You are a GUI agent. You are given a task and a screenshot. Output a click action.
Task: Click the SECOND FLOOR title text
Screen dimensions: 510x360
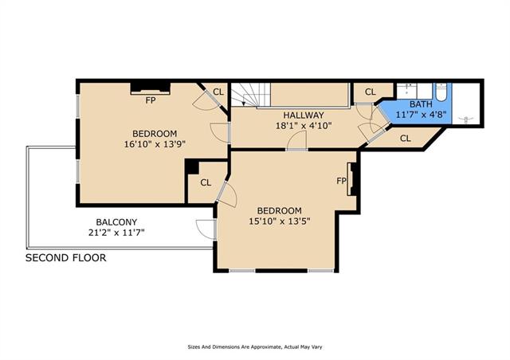click(x=65, y=258)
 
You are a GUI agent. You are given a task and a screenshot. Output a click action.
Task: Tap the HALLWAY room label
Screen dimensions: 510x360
click(x=304, y=115)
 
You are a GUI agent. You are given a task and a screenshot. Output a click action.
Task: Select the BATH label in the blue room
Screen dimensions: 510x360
click(x=421, y=104)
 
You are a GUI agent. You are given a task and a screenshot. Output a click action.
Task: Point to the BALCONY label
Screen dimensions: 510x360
click(x=116, y=222)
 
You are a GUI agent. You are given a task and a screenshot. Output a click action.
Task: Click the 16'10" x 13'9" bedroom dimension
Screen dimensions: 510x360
click(x=155, y=143)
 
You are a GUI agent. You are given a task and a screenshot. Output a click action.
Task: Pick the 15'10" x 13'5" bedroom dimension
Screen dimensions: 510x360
click(x=280, y=221)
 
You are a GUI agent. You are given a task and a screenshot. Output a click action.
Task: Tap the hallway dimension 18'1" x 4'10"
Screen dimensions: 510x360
click(x=304, y=126)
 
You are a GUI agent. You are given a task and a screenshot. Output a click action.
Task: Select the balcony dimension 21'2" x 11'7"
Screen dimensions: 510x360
click(x=116, y=233)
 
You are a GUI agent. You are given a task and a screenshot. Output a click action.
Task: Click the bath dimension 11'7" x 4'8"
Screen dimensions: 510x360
click(x=421, y=115)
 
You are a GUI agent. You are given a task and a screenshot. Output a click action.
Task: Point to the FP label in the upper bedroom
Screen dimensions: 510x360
click(x=151, y=100)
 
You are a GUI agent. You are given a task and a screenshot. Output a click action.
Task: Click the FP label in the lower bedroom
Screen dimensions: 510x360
click(x=341, y=181)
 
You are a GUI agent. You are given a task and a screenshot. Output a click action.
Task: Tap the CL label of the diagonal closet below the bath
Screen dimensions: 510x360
click(x=406, y=139)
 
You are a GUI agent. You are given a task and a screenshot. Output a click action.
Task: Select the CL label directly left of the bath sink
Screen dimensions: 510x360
click(x=370, y=92)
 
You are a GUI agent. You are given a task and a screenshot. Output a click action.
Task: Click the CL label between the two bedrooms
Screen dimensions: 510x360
click(x=206, y=182)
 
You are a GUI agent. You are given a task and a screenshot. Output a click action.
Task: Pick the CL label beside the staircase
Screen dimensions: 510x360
click(x=218, y=92)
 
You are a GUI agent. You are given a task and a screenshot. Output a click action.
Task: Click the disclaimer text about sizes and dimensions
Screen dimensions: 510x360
click(x=255, y=347)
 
